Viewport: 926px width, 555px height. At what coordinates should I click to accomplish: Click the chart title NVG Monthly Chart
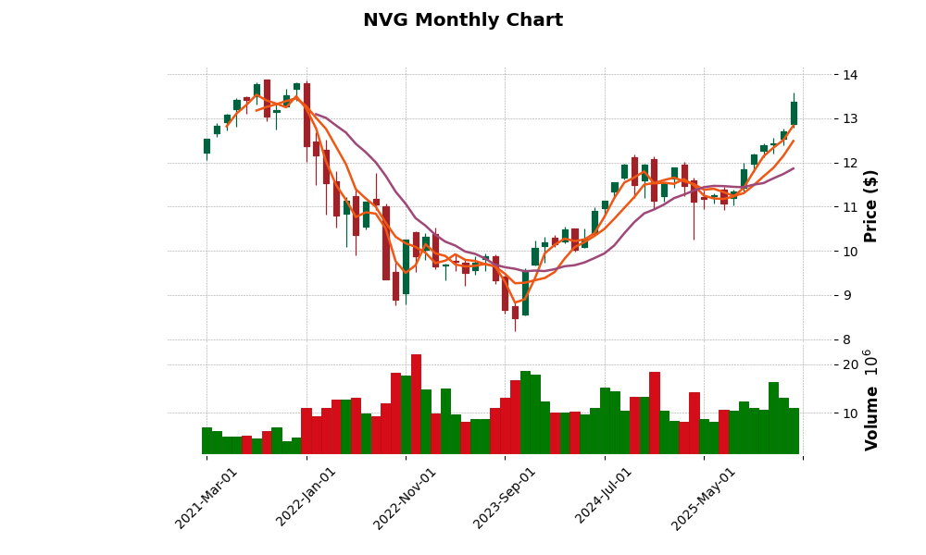(462, 20)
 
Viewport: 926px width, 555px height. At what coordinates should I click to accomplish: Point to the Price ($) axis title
(870, 205)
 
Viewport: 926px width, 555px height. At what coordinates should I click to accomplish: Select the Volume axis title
(870, 418)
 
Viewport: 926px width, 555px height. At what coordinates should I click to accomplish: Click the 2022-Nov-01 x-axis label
(407, 498)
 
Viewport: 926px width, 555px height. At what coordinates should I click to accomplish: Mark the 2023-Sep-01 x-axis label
(506, 498)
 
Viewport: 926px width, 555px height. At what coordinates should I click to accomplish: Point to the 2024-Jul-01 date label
(605, 498)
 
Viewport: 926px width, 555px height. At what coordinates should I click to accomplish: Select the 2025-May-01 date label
(704, 498)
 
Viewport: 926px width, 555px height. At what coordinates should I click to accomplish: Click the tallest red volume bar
(416, 403)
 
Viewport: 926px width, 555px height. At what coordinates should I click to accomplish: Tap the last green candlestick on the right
(794, 113)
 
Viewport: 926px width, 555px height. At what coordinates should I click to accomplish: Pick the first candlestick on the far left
(206, 146)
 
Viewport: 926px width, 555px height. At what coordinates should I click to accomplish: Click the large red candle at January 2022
(307, 115)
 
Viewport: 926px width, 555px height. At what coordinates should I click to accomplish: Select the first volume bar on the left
(206, 440)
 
